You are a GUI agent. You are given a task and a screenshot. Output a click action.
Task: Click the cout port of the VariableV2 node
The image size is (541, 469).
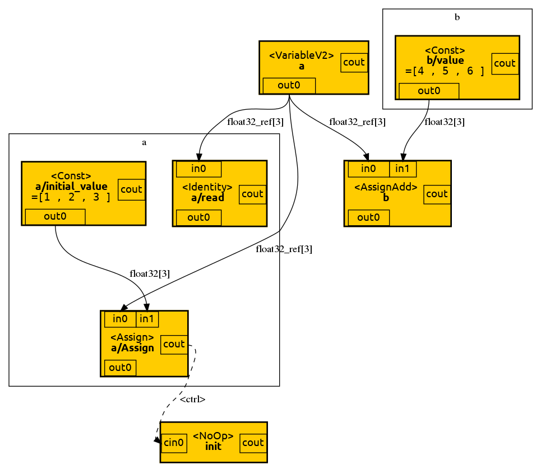pos(354,62)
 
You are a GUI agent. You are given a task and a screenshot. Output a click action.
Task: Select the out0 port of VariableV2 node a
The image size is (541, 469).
pos(289,86)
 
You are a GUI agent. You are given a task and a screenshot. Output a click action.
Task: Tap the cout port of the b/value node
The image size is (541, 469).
pos(504,63)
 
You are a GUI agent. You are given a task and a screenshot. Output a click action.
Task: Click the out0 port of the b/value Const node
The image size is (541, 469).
pos(429,91)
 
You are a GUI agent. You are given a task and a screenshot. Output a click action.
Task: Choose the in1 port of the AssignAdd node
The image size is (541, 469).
pos(403,169)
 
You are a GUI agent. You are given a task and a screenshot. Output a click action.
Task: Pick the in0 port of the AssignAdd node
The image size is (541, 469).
pos(368,169)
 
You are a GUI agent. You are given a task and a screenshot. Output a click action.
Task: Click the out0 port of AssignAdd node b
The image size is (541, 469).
pos(368,217)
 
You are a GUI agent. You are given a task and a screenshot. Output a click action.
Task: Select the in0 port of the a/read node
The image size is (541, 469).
pos(198,169)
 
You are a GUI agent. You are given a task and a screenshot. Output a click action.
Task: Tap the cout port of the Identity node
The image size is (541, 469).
pos(252,194)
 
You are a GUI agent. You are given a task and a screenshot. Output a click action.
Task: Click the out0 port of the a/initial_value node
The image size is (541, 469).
pos(55,217)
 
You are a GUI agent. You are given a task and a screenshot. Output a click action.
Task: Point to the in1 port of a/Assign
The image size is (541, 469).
pos(147,319)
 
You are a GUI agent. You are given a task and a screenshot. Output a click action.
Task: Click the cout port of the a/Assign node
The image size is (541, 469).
pos(174,344)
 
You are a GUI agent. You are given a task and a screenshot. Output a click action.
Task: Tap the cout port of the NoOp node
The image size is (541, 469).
pos(253,443)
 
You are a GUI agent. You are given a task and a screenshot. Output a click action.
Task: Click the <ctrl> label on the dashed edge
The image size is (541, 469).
pos(192,400)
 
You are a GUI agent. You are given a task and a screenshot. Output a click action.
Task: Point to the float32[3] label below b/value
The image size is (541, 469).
pos(445,122)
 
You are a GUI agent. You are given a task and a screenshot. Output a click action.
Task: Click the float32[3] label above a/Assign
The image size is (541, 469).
pos(150,273)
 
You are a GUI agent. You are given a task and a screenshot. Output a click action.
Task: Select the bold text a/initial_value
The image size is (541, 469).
pos(71,186)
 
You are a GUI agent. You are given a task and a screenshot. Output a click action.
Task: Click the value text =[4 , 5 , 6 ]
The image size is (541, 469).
pos(445,71)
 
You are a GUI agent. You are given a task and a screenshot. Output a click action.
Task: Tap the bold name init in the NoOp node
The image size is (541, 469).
pos(213,447)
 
